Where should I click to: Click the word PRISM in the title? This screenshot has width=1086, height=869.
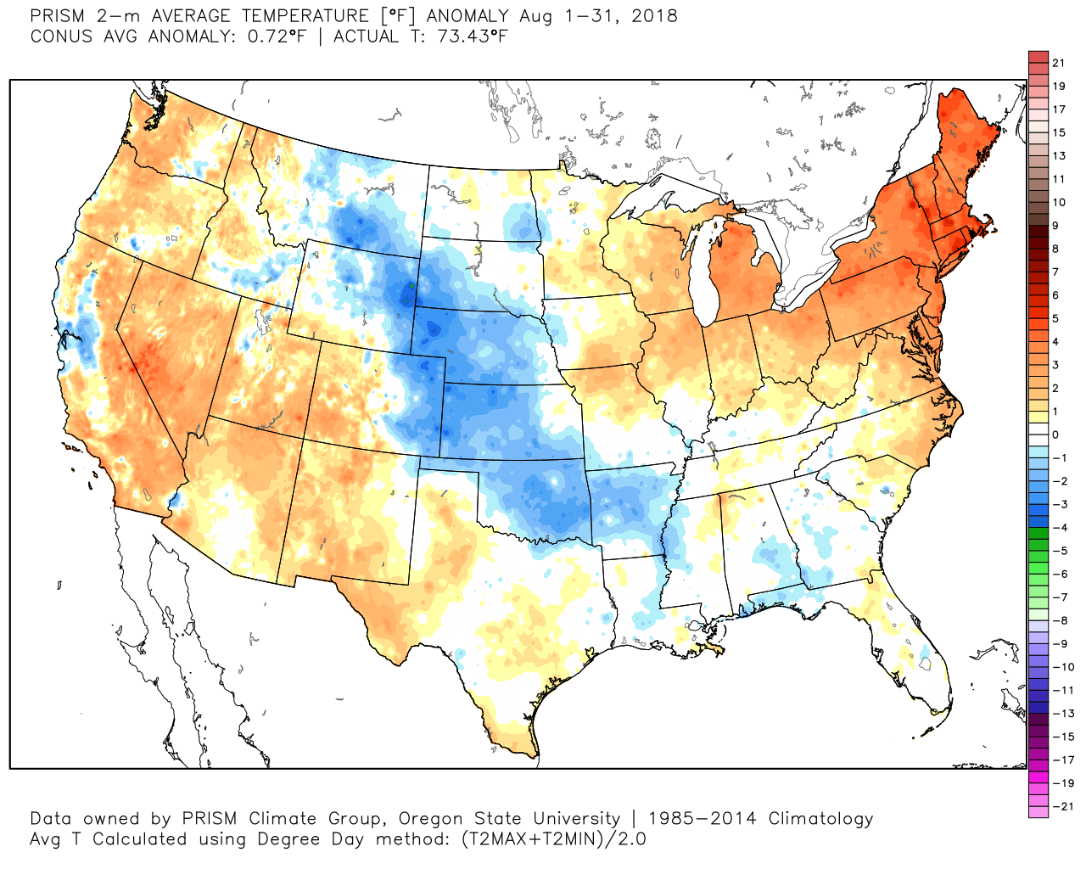point(57,16)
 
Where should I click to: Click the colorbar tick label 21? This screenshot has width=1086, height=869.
point(1058,63)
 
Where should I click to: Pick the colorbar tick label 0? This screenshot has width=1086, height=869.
point(1055,434)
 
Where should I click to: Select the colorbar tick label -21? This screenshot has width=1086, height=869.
point(1062,806)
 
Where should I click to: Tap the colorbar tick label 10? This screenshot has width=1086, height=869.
point(1058,202)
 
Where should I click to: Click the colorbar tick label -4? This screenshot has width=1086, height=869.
point(1060,528)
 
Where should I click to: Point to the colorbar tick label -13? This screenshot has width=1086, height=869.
point(1062,714)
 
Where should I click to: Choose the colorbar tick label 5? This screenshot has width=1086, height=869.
point(1055,318)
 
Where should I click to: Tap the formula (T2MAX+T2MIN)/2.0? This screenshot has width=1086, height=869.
point(552,839)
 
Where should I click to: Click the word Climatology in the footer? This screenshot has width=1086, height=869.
point(820,819)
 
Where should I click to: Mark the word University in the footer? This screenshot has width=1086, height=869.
point(576,819)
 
